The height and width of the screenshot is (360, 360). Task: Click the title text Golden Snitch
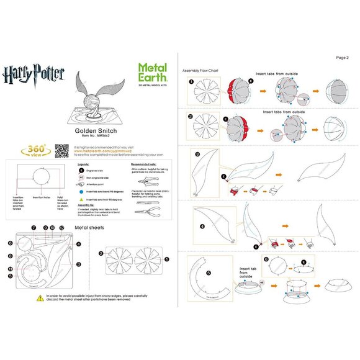(92, 132)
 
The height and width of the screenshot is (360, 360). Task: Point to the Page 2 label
(343, 57)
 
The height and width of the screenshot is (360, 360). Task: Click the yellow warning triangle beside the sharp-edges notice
(40, 299)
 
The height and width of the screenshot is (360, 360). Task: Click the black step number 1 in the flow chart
(191, 81)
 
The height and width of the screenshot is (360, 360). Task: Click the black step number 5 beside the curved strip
(191, 272)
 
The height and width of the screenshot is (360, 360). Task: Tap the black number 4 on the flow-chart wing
(202, 226)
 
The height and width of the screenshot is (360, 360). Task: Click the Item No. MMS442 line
(92, 139)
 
